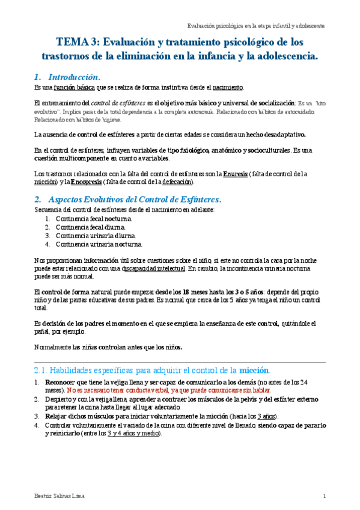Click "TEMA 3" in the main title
(75, 43)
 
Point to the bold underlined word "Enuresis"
(235, 174)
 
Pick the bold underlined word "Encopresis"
(86, 182)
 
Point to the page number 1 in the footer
(324, 496)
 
